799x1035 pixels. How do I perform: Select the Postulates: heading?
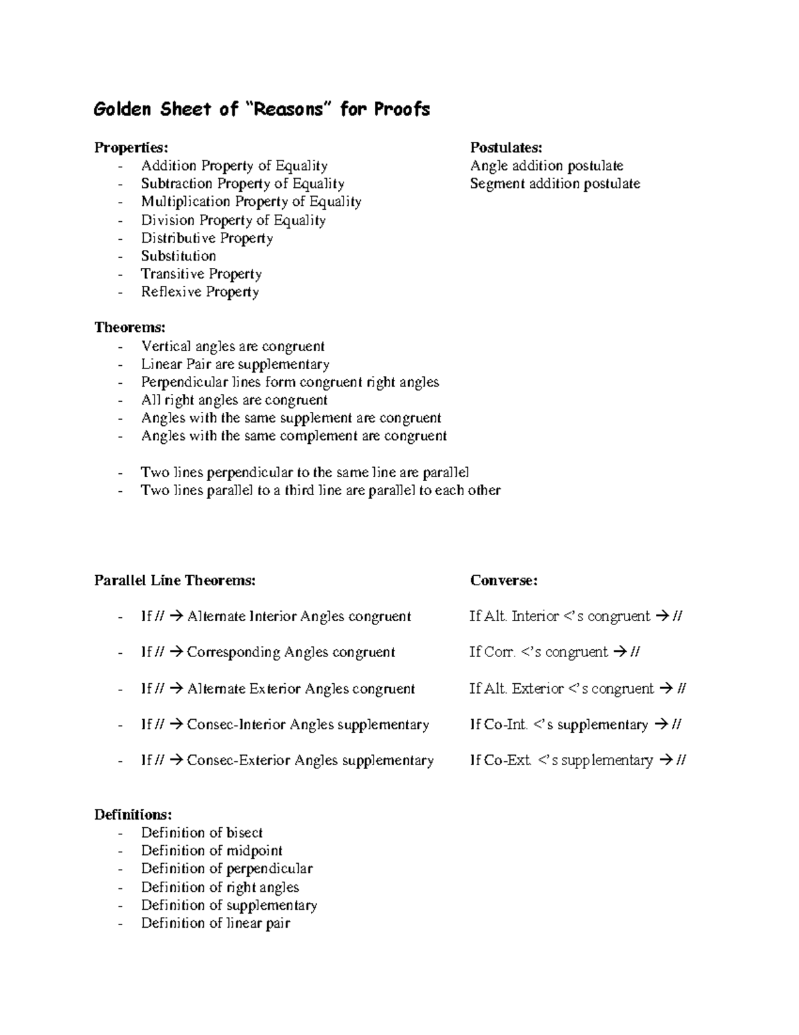click(506, 147)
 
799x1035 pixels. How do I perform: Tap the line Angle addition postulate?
click(546, 165)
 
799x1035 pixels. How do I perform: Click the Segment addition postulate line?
click(555, 183)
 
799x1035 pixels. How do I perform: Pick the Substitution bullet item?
click(178, 256)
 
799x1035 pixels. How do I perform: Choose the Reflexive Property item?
click(200, 292)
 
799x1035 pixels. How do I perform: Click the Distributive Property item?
click(206, 238)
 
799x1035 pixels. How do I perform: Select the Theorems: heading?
click(130, 327)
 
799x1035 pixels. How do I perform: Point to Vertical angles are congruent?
click(232, 346)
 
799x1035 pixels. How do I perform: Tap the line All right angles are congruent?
click(234, 400)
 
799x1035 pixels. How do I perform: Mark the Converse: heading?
click(503, 580)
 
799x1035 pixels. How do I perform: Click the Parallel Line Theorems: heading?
click(175, 580)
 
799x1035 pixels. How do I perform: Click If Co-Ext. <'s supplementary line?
click(577, 760)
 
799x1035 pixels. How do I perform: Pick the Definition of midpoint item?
click(211, 850)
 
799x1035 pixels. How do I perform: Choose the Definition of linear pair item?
click(215, 923)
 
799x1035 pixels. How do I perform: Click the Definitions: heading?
click(133, 814)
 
